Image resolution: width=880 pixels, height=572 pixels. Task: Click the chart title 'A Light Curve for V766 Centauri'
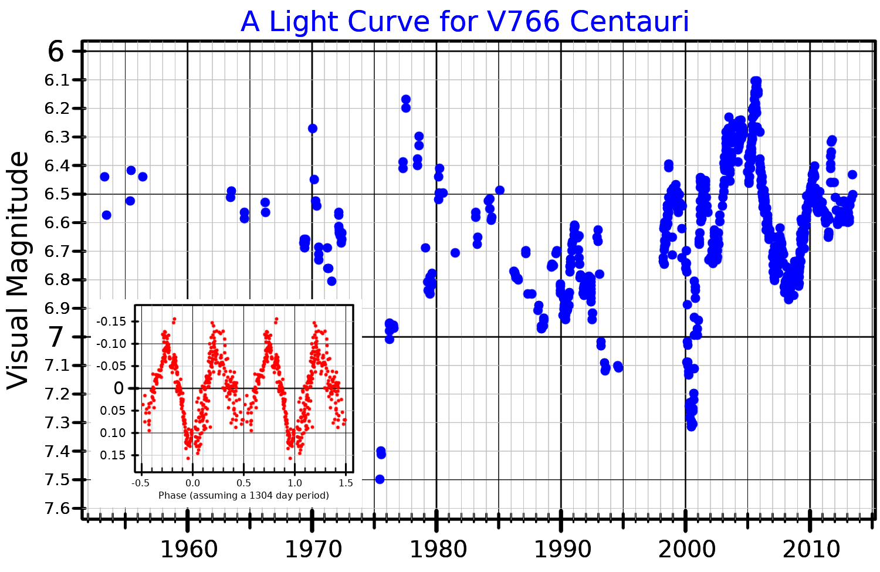pyautogui.click(x=465, y=22)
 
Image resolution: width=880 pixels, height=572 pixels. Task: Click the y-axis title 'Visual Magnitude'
pyautogui.click(x=18, y=270)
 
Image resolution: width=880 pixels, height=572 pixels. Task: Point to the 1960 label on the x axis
pyautogui.click(x=188, y=550)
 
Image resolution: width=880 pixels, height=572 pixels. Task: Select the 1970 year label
pyautogui.click(x=313, y=550)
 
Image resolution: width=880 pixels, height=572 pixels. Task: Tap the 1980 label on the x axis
pyautogui.click(x=438, y=550)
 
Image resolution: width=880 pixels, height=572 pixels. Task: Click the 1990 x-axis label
pyautogui.click(x=562, y=550)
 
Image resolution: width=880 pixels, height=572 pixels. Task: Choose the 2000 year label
pyautogui.click(x=686, y=550)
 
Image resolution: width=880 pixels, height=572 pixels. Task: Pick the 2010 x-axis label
pyautogui.click(x=811, y=550)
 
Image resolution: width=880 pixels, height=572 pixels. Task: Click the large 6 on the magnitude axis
pyautogui.click(x=56, y=52)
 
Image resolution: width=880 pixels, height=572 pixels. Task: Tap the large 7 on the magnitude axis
pyautogui.click(x=56, y=337)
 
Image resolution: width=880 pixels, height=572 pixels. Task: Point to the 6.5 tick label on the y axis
pyautogui.click(x=57, y=194)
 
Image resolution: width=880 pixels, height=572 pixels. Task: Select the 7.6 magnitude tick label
pyautogui.click(x=57, y=508)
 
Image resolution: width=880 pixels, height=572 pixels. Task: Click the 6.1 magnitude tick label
pyautogui.click(x=57, y=80)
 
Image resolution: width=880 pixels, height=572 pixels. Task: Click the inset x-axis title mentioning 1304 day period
pyautogui.click(x=243, y=495)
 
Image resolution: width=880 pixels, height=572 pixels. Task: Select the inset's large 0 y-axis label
pyautogui.click(x=119, y=388)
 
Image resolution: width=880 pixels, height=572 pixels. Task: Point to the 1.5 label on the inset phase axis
pyautogui.click(x=346, y=483)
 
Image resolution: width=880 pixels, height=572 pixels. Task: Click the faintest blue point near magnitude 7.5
pyautogui.click(x=380, y=479)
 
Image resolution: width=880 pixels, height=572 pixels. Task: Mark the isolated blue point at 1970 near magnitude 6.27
pyautogui.click(x=313, y=128)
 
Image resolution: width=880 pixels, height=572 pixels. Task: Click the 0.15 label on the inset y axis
pyautogui.click(x=113, y=455)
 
